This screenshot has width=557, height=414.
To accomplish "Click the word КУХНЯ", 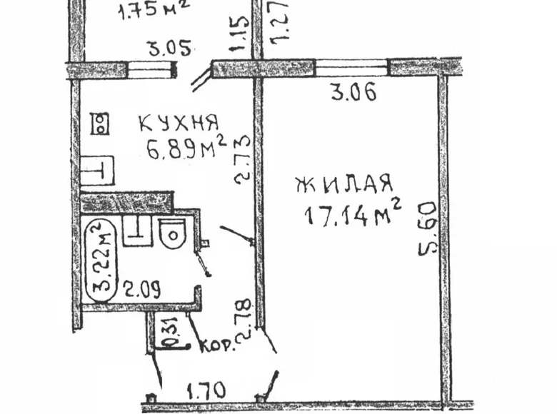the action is pos(179,123).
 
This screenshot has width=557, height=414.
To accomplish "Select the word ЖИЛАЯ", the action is pos(345,183).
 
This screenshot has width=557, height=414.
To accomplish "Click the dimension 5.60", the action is pos(427,228).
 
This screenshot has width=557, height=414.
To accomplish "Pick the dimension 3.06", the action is pos(353,93).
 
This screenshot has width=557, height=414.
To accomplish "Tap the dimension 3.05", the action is pos(170,48).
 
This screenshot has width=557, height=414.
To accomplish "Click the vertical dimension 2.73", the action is pos(243,160).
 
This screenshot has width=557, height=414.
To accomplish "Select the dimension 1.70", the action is pos(206,390).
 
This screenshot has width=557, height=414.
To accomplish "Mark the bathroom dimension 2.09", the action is pos(141,288).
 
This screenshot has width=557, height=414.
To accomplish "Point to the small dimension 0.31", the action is pos(166,335).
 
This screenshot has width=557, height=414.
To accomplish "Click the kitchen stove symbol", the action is pos(99,124).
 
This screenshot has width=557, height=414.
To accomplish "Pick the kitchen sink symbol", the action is pos(97,171).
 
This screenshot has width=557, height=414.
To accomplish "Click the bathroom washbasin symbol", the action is pos(137,231).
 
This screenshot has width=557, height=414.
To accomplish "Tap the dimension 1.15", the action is pos(241,34).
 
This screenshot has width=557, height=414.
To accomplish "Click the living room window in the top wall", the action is pos(351,68).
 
